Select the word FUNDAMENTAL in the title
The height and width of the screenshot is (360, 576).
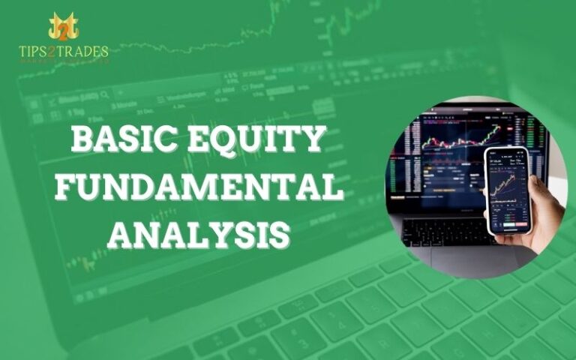click(199, 187)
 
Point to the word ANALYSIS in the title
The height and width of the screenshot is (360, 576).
click(199, 233)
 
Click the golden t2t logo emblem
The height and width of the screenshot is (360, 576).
click(64, 27)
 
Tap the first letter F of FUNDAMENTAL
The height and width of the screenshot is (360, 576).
click(65, 187)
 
